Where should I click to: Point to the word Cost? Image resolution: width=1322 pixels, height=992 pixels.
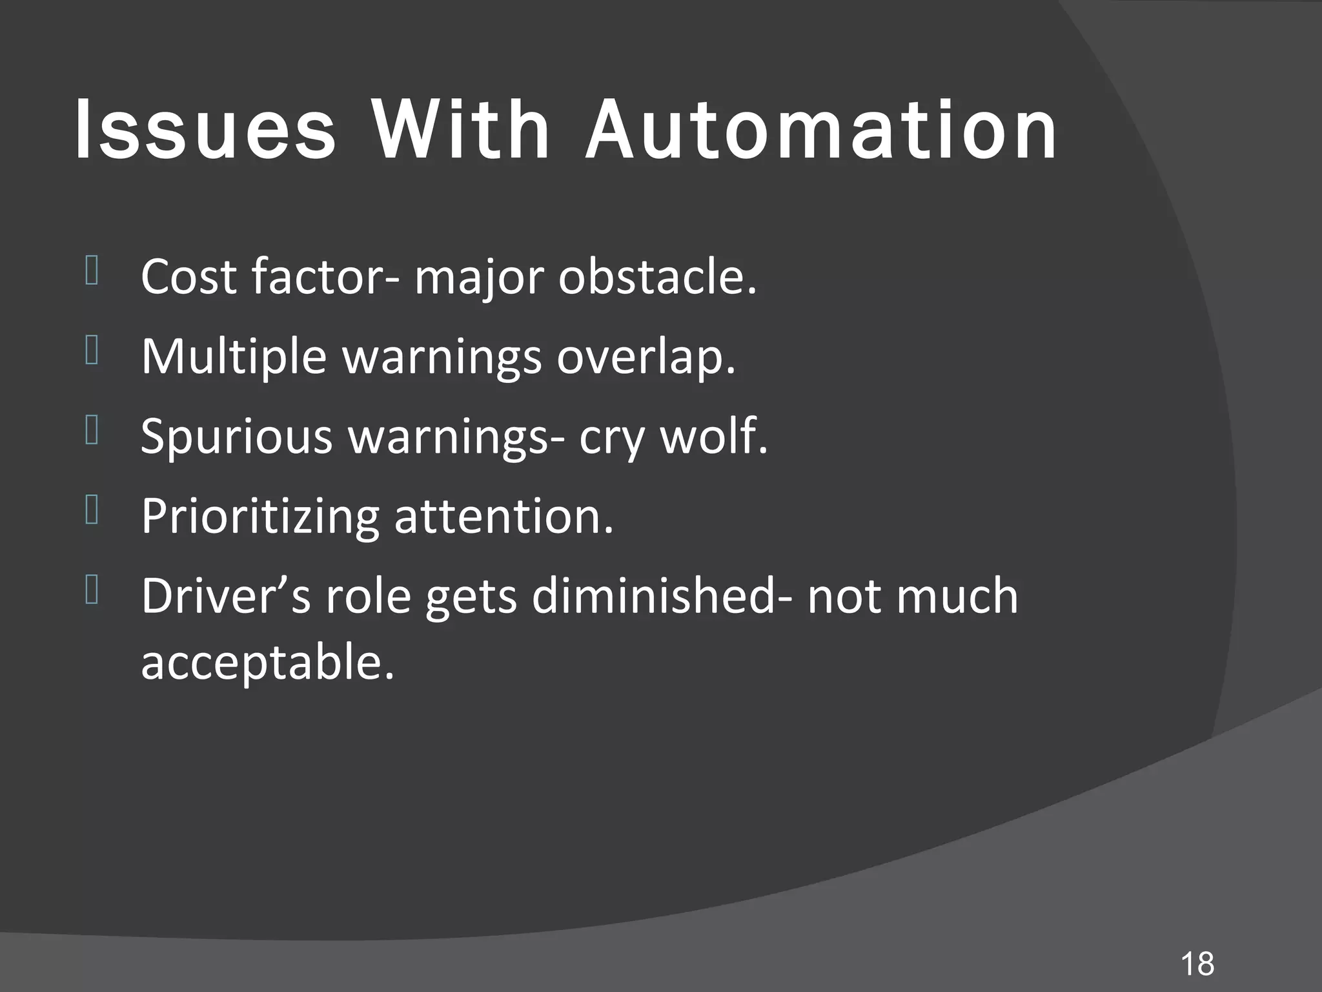click(188, 276)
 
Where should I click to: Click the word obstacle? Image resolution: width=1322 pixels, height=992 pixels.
click(656, 276)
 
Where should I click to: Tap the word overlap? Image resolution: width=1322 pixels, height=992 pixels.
click(646, 356)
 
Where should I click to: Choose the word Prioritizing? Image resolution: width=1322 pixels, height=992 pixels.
click(259, 517)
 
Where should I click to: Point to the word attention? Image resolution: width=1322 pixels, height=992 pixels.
click(503, 517)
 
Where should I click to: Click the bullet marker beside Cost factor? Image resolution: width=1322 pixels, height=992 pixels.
click(91, 271)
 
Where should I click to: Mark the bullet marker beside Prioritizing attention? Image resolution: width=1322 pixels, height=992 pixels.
click(91, 510)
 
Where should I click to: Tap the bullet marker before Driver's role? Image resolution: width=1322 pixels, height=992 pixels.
click(91, 590)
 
